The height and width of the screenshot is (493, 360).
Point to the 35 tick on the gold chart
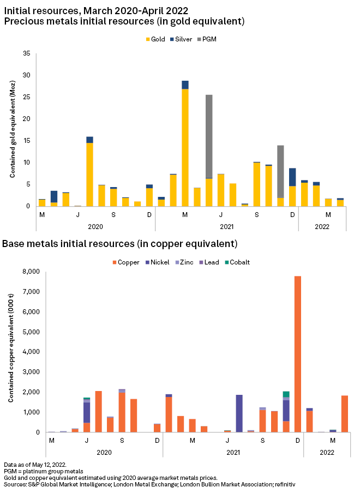[26, 53]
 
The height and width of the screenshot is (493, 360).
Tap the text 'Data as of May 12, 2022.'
[35, 464]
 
